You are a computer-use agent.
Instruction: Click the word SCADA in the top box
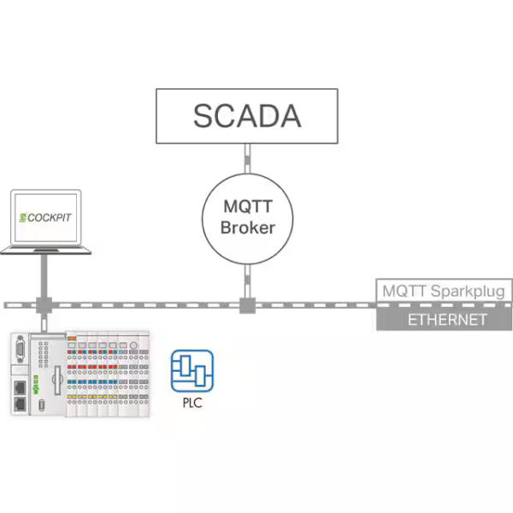pos(247,115)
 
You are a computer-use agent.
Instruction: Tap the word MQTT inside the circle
pos(248,206)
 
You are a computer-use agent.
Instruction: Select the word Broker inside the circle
pos(248,227)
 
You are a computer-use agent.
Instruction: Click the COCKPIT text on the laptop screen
pos(49,217)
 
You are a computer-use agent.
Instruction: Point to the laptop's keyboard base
pos(45,251)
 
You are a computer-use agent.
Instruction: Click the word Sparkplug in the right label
pos(468,292)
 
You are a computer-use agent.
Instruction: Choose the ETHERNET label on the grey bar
pos(447,320)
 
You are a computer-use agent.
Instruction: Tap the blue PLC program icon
pos(192,371)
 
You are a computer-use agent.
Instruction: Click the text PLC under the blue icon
pos(192,403)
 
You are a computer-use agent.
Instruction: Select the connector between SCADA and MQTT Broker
pos(248,159)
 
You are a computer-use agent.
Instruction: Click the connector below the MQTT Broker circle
pos(248,281)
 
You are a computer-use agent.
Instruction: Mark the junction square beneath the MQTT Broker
pos(247,305)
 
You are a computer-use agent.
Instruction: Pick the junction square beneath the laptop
pos(44,305)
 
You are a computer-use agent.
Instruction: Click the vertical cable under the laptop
pos(44,276)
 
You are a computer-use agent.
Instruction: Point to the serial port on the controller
pos(20,349)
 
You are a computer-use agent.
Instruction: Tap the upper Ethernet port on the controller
pos(20,387)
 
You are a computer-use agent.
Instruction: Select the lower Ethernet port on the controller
pos(20,404)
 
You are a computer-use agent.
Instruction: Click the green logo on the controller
pos(36,385)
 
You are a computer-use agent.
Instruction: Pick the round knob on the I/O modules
pos(133,345)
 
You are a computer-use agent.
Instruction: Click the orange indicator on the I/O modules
pos(72,339)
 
